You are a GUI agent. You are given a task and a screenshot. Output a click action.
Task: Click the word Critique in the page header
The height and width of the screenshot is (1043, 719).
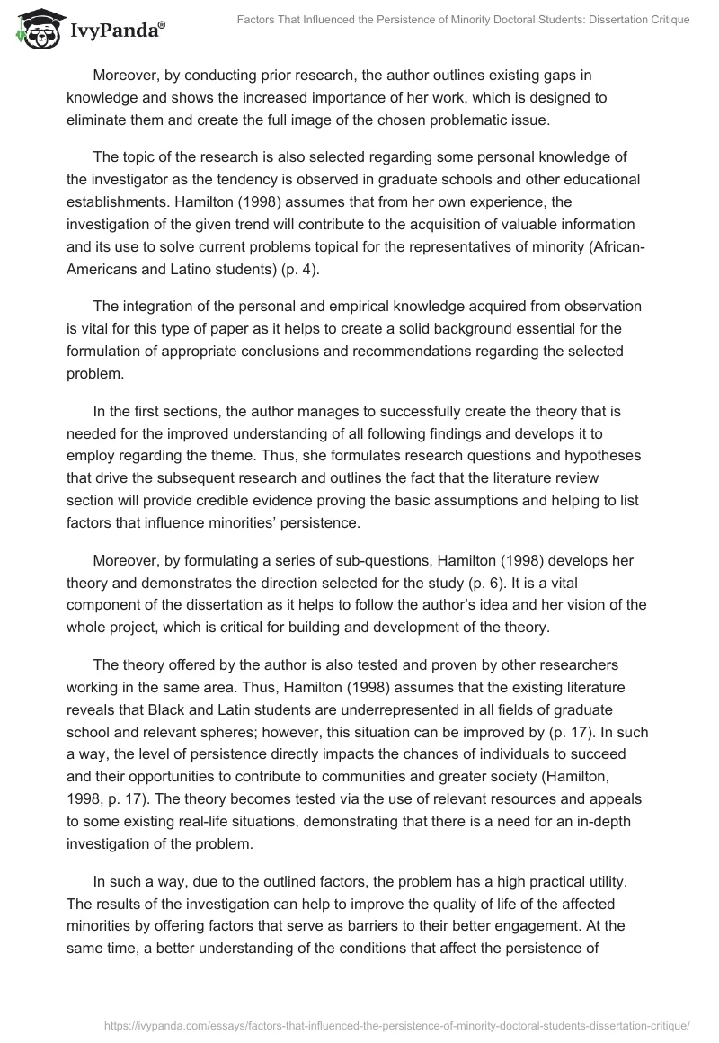pos(666,20)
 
